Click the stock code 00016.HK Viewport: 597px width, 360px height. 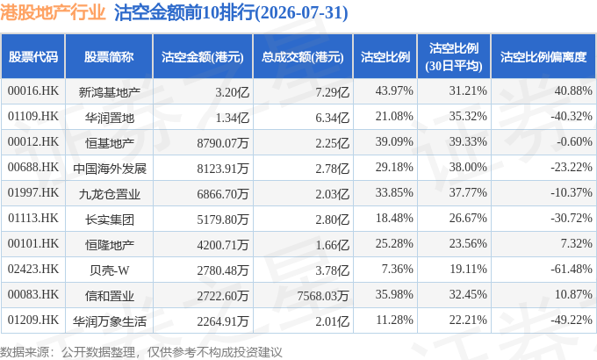(x=33, y=90)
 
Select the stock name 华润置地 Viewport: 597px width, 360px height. (x=109, y=118)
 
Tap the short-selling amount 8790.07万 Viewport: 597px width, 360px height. (x=223, y=143)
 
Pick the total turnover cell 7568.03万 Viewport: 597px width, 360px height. (x=323, y=296)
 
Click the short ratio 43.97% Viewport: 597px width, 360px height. (x=394, y=90)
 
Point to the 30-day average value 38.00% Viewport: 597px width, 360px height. (x=468, y=167)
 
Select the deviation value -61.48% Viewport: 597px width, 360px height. (x=572, y=269)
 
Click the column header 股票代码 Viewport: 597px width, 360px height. (x=33, y=57)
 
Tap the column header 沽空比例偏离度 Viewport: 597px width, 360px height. (x=543, y=57)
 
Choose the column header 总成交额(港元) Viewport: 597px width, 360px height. (x=303, y=57)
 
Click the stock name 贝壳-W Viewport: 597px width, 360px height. (x=109, y=270)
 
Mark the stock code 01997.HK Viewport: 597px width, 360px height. (x=33, y=193)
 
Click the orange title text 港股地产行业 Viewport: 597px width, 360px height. (x=53, y=12)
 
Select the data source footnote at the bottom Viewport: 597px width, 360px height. (x=140, y=352)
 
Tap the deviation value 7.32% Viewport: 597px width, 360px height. (x=576, y=243)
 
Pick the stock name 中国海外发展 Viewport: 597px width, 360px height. (x=109, y=169)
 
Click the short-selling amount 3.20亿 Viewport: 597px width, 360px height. (x=233, y=92)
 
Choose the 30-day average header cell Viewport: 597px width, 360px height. (x=454, y=57)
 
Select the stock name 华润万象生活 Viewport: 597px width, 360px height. (x=109, y=321)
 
